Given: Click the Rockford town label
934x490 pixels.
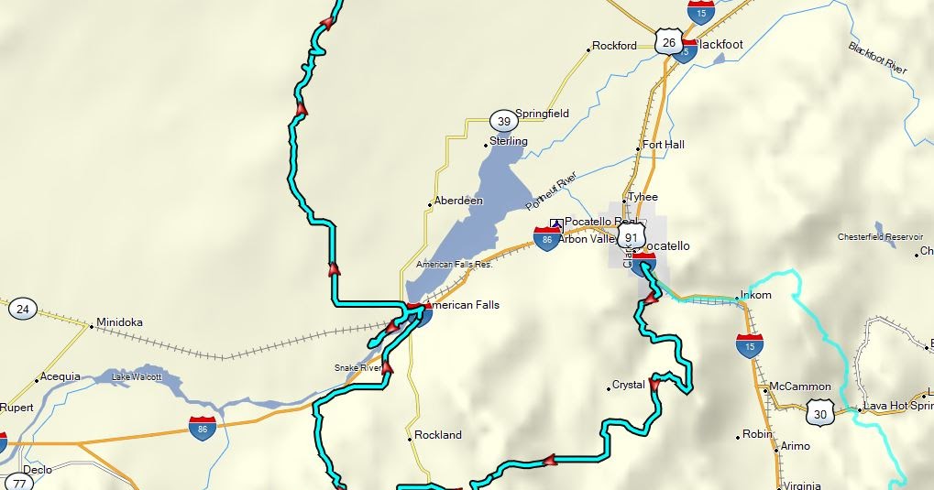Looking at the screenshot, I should [614, 46].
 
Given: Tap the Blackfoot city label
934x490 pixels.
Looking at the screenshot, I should [720, 44].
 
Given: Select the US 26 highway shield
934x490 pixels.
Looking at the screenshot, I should [668, 42].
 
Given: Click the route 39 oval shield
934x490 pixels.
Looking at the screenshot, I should [502, 121].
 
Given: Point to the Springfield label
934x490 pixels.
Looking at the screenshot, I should [542, 114].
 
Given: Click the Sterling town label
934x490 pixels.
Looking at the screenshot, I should [509, 141].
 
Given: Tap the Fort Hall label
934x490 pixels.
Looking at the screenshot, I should [663, 145].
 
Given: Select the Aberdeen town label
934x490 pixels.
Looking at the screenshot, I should [458, 201].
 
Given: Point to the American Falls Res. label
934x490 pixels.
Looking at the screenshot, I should [455, 265].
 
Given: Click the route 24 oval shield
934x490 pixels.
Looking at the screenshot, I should [23, 310].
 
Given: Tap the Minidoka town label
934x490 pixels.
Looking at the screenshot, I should [119, 322].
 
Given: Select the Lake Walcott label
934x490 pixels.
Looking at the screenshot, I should [137, 376].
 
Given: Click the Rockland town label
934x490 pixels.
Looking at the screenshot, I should [438, 435].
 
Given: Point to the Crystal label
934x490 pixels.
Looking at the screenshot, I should [629, 385].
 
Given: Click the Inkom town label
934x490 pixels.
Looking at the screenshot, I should [756, 295].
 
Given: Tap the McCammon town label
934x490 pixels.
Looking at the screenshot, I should [800, 387].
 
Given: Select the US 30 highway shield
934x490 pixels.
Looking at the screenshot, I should [820, 414].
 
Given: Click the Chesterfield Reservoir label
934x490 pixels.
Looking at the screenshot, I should [880, 237].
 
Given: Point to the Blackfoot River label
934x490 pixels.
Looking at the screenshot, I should [877, 59].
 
